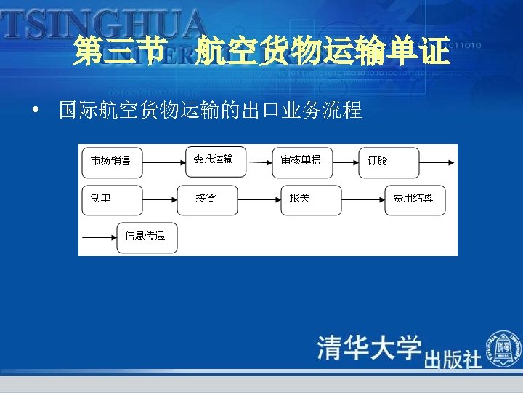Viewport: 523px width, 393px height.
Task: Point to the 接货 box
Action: pyautogui.click(x=207, y=200)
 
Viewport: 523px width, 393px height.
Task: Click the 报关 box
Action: pyautogui.click(x=311, y=200)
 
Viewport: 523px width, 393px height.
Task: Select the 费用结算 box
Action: pyautogui.click(x=415, y=200)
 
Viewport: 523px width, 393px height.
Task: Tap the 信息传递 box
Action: pyautogui.click(x=147, y=237)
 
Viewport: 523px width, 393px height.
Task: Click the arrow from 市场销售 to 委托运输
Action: pyautogui.click(x=164, y=163)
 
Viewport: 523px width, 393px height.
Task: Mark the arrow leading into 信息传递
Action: pyautogui.click(x=100, y=238)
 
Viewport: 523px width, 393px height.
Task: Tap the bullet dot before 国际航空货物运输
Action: pyautogui.click(x=35, y=113)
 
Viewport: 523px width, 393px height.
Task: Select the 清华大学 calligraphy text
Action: pyautogui.click(x=369, y=347)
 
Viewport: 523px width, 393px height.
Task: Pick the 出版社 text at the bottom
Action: pyautogui.click(x=453, y=359)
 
